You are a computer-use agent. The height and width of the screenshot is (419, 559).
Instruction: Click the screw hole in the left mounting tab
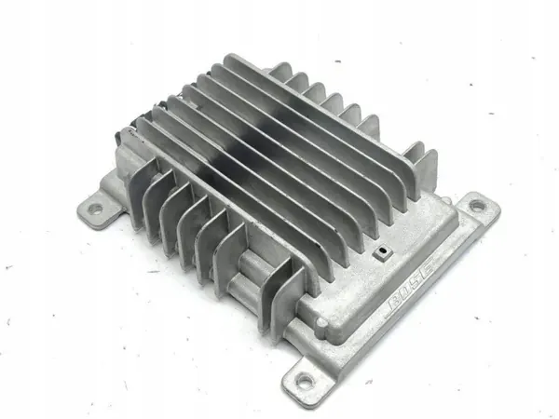(95, 208)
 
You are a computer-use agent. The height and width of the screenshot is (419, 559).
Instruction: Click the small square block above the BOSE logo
(382, 252)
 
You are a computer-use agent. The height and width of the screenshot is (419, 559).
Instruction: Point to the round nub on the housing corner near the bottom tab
(321, 323)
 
